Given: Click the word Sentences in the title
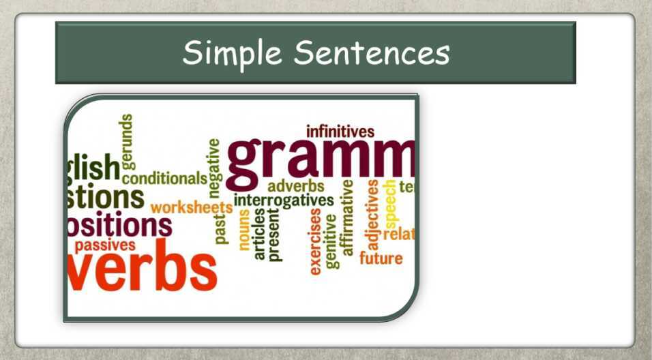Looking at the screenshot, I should pyautogui.click(x=371, y=53).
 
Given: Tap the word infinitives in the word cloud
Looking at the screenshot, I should pyautogui.click(x=340, y=131).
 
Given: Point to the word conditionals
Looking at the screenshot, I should pyautogui.click(x=164, y=179).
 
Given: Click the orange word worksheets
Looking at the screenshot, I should pyautogui.click(x=191, y=207).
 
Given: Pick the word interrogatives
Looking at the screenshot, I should pyautogui.click(x=284, y=200).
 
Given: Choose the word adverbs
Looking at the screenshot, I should pyautogui.click(x=295, y=186).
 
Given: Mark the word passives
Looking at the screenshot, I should pyautogui.click(x=105, y=245).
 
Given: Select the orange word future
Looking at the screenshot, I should pyautogui.click(x=381, y=259).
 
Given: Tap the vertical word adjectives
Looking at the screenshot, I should pyautogui.click(x=373, y=214).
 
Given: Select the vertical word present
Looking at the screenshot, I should pyautogui.click(x=274, y=235).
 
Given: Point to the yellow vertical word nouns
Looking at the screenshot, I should pyautogui.click(x=244, y=230).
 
